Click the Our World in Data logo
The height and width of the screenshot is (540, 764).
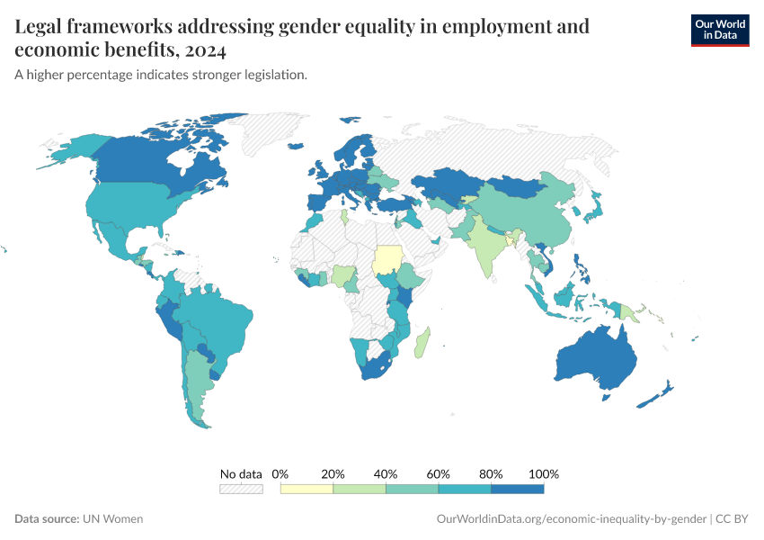(x=719, y=29)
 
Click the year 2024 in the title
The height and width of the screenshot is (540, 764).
(x=208, y=49)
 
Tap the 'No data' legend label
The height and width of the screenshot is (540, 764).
(x=241, y=473)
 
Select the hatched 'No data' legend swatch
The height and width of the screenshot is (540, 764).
(x=241, y=489)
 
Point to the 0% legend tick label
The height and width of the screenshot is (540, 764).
(x=280, y=473)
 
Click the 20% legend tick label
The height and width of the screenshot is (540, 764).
(x=333, y=473)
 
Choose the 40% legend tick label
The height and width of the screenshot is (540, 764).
(x=386, y=473)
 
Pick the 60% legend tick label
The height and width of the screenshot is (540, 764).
(x=439, y=473)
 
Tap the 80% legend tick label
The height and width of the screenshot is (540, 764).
(x=491, y=473)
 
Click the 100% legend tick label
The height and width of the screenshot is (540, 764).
(x=544, y=473)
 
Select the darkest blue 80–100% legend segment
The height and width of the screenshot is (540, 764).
(x=518, y=489)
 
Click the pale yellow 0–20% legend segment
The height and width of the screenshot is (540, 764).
(x=306, y=489)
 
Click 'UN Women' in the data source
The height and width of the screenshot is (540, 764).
(x=112, y=519)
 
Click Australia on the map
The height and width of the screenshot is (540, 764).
(x=598, y=360)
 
